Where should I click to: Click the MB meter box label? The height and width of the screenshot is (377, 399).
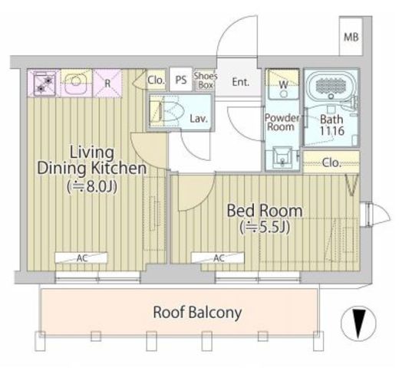pyautogui.click(x=351, y=38)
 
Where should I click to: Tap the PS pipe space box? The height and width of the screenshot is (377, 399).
pyautogui.click(x=181, y=80)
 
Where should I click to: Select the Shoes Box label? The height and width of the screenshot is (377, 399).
pyautogui.click(x=206, y=80)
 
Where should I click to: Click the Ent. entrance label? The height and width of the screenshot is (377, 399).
pyautogui.click(x=241, y=82)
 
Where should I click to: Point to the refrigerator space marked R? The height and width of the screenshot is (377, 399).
pyautogui.click(x=107, y=84)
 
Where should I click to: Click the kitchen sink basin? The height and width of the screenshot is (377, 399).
pyautogui.click(x=75, y=82)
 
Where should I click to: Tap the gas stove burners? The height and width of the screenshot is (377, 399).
pyautogui.click(x=45, y=84)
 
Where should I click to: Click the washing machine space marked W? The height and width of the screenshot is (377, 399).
pyautogui.click(x=283, y=84)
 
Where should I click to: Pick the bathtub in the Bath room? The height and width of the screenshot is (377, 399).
pyautogui.click(x=331, y=85)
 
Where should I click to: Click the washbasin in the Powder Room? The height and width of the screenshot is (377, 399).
pyautogui.click(x=282, y=156)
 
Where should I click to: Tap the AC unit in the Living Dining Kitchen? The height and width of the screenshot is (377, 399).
pyautogui.click(x=81, y=257)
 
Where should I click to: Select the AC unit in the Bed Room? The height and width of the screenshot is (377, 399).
pyautogui.click(x=218, y=257)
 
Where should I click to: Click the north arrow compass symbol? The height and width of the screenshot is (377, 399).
pyautogui.click(x=358, y=323)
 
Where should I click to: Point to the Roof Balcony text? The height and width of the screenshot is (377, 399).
pyautogui.click(x=197, y=313)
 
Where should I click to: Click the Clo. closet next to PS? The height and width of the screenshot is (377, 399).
pyautogui.click(x=156, y=80)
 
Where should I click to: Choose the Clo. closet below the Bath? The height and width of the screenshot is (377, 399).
pyautogui.click(x=331, y=162)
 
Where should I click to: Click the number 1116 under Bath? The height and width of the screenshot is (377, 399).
pyautogui.click(x=332, y=131)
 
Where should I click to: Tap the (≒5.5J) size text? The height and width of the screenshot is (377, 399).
pyautogui.click(x=265, y=228)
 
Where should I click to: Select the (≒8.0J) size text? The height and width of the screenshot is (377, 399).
pyautogui.click(x=92, y=187)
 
